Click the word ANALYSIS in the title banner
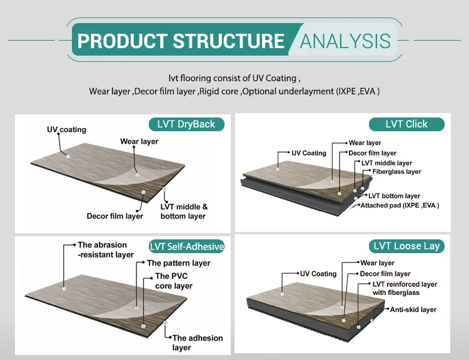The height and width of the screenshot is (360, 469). tap(345, 41)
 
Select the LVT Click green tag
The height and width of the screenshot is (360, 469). tap(406, 124)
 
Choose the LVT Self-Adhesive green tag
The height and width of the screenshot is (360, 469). tap(187, 246)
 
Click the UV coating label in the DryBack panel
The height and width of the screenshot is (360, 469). tap(66, 130)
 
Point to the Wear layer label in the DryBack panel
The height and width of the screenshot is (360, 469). tap(139, 142)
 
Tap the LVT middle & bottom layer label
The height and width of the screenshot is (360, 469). tap(183, 211)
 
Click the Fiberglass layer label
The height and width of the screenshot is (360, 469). tap(396, 172)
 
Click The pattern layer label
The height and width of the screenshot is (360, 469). tap(178, 263)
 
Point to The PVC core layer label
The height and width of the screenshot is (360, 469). tap(174, 281)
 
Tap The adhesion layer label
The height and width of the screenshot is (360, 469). tap(197, 342)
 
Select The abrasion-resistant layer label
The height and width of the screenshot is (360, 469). tap(106, 250)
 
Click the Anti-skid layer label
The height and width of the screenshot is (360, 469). tap(413, 309)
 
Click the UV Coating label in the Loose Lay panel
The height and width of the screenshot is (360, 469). tap(318, 274)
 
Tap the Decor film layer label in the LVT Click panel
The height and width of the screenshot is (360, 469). tap(372, 153)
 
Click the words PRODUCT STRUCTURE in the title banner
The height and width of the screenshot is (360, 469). tap(181, 41)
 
